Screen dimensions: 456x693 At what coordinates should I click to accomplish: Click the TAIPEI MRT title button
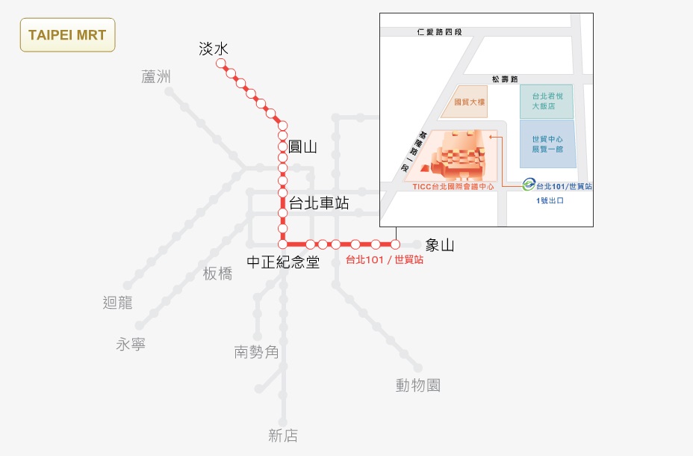[67, 35]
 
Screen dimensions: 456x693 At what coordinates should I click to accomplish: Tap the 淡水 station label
[213, 49]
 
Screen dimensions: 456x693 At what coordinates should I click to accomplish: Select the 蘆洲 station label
[156, 76]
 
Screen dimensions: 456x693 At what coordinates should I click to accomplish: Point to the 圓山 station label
[302, 147]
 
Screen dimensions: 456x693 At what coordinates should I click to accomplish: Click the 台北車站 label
[319, 203]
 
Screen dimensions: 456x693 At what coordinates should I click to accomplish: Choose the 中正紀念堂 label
[284, 262]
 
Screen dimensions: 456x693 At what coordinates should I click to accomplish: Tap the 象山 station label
[440, 245]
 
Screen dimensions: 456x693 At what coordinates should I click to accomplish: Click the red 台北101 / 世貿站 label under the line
[385, 260]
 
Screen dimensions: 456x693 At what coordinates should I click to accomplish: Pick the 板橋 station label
[217, 274]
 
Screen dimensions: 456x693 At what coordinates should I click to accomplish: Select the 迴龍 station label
[117, 303]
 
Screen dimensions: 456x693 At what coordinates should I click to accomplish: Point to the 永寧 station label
[131, 344]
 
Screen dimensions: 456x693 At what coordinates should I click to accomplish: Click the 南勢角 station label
[256, 351]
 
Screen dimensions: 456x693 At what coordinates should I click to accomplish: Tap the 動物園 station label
[418, 385]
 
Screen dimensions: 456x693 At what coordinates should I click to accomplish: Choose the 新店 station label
[283, 436]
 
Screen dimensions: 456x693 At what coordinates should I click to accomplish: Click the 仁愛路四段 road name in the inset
[441, 32]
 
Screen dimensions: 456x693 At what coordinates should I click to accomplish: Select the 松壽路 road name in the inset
[505, 78]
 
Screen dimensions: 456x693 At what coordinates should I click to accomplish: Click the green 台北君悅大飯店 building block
[547, 101]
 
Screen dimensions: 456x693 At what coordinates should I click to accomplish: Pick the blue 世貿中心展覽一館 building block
[547, 144]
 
